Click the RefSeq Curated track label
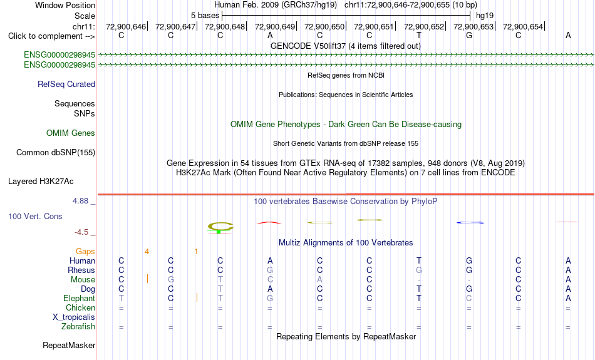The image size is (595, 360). [x=66, y=85]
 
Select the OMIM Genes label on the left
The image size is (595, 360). [x=71, y=133]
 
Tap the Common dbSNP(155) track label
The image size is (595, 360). [x=56, y=153]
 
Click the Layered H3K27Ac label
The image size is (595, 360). [x=41, y=182]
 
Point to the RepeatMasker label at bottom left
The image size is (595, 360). [x=69, y=345]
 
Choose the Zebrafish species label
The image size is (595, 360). [x=78, y=327]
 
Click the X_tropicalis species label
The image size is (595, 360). [x=74, y=317]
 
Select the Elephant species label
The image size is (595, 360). [x=80, y=299]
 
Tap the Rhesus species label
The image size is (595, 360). [x=81, y=270]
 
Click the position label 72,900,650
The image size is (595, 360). [x=324, y=26]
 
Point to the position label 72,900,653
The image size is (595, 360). [x=473, y=26]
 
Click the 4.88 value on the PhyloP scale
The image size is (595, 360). [x=80, y=201]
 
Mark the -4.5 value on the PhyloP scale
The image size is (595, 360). [x=81, y=232]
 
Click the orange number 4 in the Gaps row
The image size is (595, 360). [x=147, y=252]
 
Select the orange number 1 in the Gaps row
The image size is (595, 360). [x=196, y=252]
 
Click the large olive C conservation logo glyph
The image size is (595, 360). [x=220, y=227]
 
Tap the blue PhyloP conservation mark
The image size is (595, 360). [x=470, y=222]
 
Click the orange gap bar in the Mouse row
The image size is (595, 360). [x=147, y=279]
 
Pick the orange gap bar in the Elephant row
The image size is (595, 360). [x=197, y=298]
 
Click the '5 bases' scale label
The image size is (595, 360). [x=205, y=16]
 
